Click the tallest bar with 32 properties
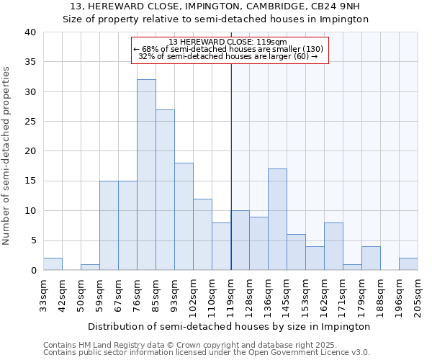[x=146, y=175]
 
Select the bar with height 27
[x=165, y=190]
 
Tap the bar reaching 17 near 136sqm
[x=277, y=220]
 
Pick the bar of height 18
[x=184, y=217]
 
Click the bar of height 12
[x=202, y=235]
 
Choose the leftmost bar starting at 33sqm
[x=53, y=264]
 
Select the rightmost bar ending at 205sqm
[x=408, y=264]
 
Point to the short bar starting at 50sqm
[x=90, y=267]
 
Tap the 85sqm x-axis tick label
[x=156, y=294]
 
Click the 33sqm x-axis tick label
[x=43, y=294]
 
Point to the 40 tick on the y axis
[x=30, y=32]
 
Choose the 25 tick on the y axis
[x=30, y=122]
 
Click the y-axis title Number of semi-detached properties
[x=7, y=156]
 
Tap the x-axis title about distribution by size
[x=230, y=326]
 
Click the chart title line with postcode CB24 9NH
[x=216, y=6]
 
